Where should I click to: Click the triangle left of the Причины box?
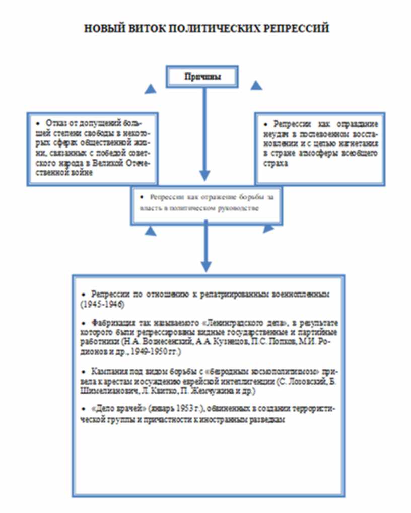pyautogui.click(x=150, y=89)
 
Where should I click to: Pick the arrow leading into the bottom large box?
pyautogui.click(x=204, y=247)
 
